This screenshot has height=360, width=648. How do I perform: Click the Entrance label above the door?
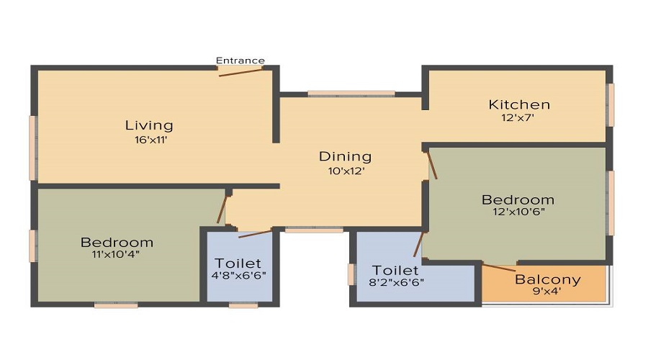(240, 60)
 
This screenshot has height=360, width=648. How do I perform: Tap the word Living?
(149, 126)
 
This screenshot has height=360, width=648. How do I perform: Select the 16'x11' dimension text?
(149, 140)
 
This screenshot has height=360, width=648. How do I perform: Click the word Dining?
(346, 156)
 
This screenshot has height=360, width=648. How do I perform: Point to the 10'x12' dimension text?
(346, 171)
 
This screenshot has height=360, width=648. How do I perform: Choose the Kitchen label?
(519, 104)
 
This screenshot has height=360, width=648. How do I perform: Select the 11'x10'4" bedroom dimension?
(117, 255)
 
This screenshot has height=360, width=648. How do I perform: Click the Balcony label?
(548, 279)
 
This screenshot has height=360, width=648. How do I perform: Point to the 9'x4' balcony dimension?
(548, 292)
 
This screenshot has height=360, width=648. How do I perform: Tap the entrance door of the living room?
(240, 71)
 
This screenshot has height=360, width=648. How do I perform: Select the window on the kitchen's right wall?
(611, 104)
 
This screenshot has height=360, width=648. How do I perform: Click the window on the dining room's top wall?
(351, 94)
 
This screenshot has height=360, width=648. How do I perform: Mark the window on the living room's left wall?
(32, 148)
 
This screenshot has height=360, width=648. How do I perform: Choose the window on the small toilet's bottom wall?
(243, 305)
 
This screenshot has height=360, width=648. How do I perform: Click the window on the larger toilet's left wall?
(351, 274)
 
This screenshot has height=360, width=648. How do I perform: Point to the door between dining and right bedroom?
(431, 165)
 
